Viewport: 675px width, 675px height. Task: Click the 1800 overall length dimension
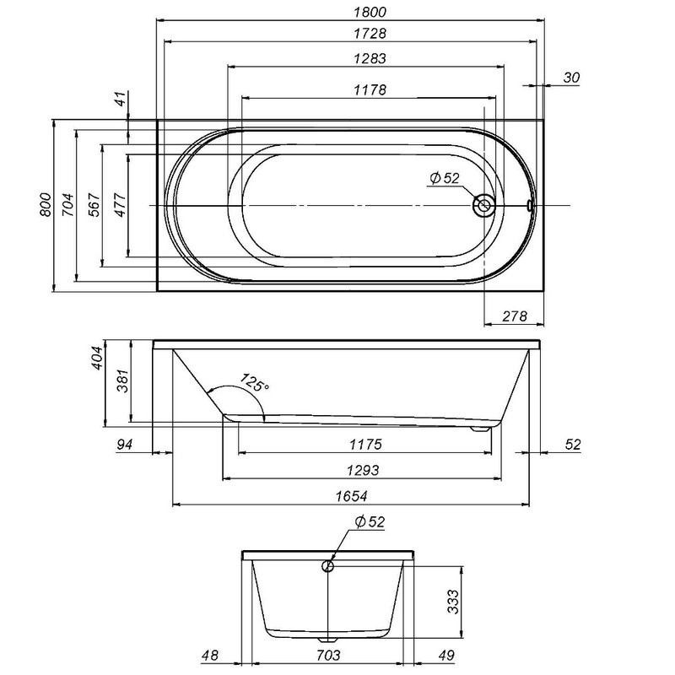click(x=370, y=12)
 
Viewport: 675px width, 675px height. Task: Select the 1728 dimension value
click(x=370, y=33)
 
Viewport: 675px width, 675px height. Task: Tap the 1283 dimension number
click(x=370, y=58)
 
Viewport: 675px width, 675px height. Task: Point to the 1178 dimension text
click(x=370, y=89)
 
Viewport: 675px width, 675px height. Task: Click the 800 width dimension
click(x=46, y=205)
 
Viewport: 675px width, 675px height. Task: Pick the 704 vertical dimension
click(x=67, y=205)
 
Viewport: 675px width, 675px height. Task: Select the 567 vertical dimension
click(x=94, y=205)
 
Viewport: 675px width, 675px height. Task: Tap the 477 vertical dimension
click(x=120, y=205)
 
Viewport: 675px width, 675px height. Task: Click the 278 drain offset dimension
click(x=515, y=316)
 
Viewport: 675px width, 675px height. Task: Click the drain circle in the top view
click(x=483, y=205)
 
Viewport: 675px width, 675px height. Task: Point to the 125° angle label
click(x=255, y=382)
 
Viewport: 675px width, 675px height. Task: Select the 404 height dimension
click(x=98, y=358)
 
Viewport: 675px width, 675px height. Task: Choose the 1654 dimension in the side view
click(x=351, y=496)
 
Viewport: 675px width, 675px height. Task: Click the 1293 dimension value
click(x=363, y=470)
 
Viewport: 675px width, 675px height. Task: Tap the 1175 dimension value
click(x=365, y=444)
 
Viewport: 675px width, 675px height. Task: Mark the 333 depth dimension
click(x=453, y=602)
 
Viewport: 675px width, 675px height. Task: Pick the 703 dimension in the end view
click(x=328, y=656)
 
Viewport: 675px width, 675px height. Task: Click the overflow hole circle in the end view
click(x=328, y=566)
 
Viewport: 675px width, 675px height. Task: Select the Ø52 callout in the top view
click(x=445, y=178)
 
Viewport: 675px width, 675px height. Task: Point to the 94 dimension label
click(x=124, y=444)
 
